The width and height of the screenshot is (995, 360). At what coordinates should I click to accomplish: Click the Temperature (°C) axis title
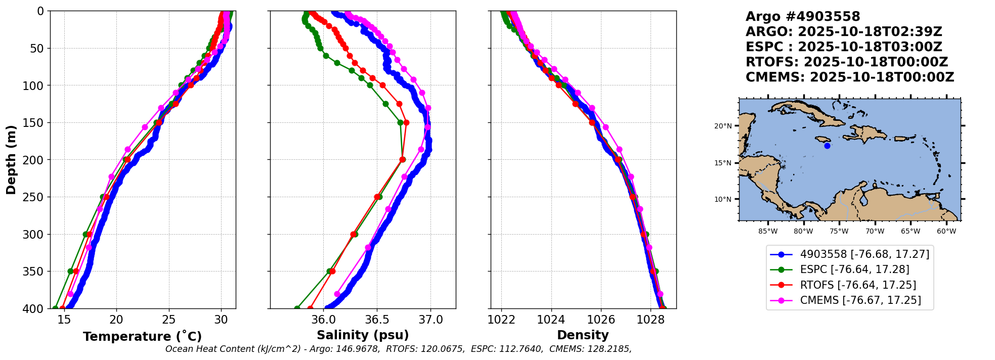(142, 336)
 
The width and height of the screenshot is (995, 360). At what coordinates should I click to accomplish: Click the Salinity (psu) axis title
(363, 335)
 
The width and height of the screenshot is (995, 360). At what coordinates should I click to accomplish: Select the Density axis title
(583, 335)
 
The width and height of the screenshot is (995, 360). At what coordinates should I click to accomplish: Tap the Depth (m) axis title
(11, 159)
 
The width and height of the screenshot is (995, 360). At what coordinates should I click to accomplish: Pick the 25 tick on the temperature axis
(169, 320)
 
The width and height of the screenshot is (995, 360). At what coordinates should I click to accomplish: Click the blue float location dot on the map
(827, 146)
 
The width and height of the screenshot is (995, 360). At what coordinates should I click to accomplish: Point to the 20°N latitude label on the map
(723, 126)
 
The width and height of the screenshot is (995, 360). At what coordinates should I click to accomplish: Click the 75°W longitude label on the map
(839, 232)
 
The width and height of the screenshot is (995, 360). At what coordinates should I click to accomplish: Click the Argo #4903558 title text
(803, 17)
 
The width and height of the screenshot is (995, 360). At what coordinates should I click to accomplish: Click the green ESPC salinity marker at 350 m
(329, 272)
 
